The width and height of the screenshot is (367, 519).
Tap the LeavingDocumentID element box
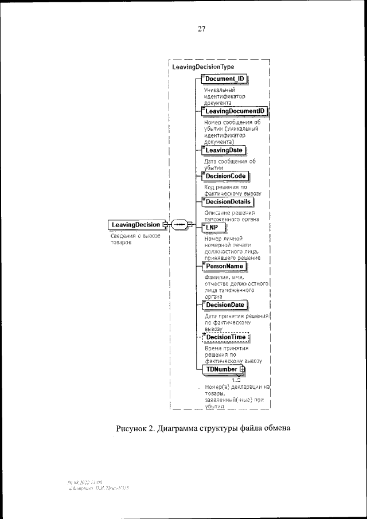point(235,111)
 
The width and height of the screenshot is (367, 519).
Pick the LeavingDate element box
point(224,150)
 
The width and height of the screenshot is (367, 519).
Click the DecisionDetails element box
point(228,201)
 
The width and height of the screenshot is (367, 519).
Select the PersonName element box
point(225,266)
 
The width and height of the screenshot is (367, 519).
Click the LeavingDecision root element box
point(136,224)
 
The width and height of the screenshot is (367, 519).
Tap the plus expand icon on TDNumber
point(243,370)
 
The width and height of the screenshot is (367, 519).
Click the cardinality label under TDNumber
point(235,380)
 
